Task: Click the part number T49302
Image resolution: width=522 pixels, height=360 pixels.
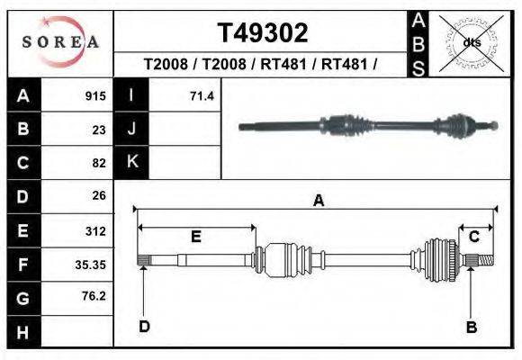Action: point(263,33)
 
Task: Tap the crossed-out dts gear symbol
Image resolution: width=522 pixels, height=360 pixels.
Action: point(471,42)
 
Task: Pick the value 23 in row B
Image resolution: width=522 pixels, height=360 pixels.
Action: point(99,130)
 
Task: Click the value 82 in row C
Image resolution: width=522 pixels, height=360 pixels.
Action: point(99,163)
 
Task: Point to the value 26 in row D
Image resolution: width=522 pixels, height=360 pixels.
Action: point(99,195)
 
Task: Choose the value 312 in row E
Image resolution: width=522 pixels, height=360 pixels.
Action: point(95,230)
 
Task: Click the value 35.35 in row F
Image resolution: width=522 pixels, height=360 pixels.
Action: point(91,264)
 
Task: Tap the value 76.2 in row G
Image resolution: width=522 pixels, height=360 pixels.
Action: point(94,296)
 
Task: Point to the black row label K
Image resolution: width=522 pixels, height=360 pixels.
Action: point(131,162)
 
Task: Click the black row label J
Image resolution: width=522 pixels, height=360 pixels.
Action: point(131,129)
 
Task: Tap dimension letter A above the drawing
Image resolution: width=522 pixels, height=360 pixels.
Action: point(318,202)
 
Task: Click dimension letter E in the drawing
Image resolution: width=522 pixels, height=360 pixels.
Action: point(195,237)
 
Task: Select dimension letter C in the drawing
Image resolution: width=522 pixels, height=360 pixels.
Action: point(473,236)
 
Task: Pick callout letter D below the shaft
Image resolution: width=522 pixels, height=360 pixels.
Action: point(143,327)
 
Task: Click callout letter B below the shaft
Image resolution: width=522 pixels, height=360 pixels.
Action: point(471,328)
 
